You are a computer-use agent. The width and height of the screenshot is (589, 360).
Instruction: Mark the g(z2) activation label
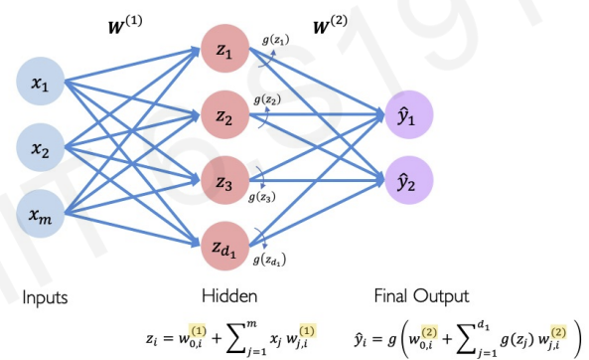point(268,100)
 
